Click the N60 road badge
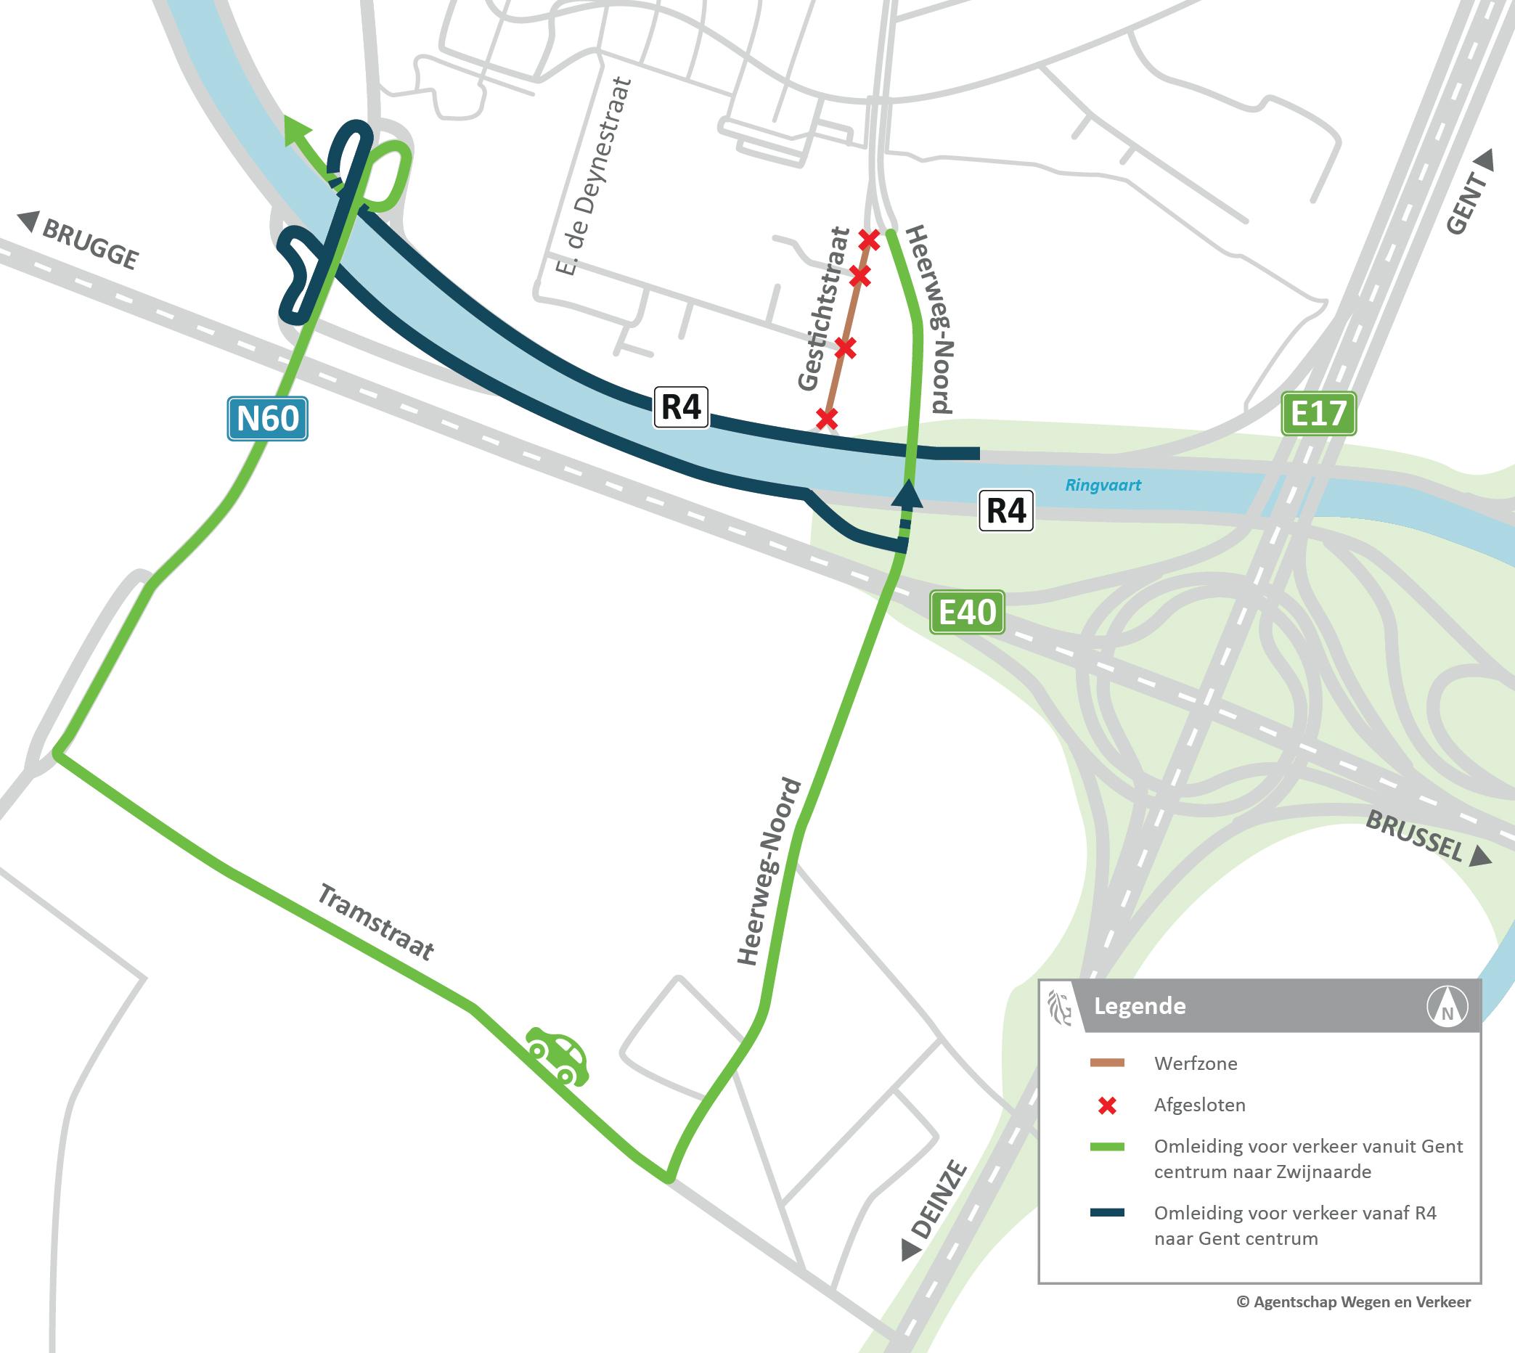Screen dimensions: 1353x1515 (x=267, y=420)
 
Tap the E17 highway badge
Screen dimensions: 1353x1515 (x=1319, y=413)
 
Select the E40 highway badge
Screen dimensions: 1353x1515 (x=966, y=613)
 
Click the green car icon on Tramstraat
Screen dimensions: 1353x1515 (x=558, y=1056)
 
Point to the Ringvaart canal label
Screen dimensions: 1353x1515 (x=1103, y=486)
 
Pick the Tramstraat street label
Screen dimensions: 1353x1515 (x=375, y=922)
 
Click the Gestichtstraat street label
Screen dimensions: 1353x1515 (x=823, y=309)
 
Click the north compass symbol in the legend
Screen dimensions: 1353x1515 (x=1447, y=1007)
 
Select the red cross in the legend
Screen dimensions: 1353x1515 (x=1108, y=1106)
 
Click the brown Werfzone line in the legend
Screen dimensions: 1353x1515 (x=1107, y=1064)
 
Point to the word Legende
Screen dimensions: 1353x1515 (x=1140, y=1007)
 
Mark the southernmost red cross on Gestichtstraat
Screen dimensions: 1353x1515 (x=826, y=418)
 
